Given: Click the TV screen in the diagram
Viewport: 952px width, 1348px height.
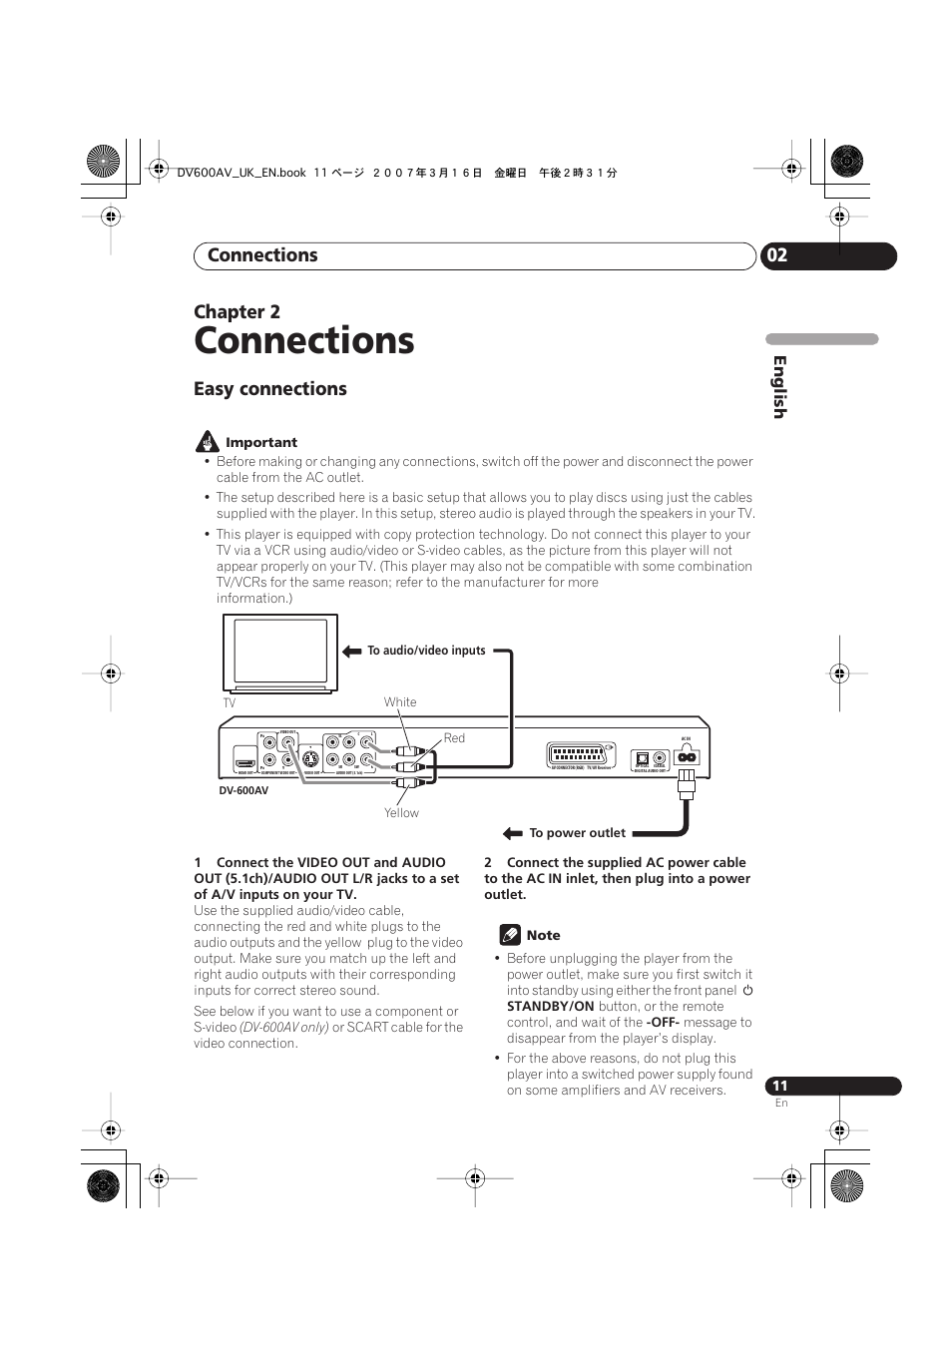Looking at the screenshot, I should click(280, 651).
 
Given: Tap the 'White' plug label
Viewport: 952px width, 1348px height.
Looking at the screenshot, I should click(400, 702).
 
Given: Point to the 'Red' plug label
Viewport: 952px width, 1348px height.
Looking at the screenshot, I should click(454, 738).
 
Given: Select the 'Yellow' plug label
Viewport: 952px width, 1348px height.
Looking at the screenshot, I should click(401, 813).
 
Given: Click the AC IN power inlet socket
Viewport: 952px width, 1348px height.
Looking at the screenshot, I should click(686, 756).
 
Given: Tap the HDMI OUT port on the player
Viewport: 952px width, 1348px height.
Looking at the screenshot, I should click(245, 763).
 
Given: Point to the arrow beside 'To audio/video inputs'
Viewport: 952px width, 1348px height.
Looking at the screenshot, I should click(351, 651).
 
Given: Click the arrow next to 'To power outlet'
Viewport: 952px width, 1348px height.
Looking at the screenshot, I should click(513, 833).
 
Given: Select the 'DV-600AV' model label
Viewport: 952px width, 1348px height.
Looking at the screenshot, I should click(243, 791).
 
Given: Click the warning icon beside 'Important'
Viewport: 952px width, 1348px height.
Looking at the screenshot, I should click(207, 441).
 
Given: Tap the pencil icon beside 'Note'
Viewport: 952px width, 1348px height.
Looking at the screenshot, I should click(510, 935).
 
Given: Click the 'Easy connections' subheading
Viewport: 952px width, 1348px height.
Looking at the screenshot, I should click(270, 389).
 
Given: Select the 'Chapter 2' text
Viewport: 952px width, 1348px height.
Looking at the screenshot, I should click(237, 311).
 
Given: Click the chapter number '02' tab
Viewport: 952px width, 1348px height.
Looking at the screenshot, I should click(777, 255).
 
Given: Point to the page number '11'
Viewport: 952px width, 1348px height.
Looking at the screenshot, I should click(779, 1086).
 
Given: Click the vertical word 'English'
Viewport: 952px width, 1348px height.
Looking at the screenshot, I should click(779, 387).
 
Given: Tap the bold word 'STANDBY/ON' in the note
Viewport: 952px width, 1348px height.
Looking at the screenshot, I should click(550, 1007).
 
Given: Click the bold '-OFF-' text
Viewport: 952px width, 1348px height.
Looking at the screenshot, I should click(663, 1023).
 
